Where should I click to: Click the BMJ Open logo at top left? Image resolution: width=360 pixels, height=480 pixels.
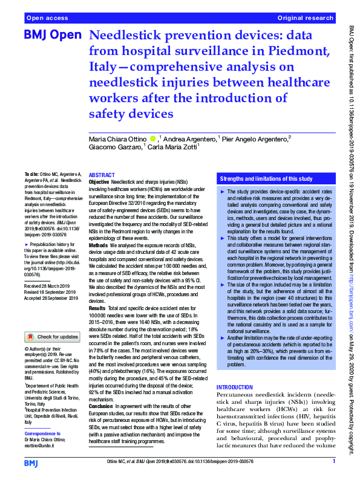(51, 35)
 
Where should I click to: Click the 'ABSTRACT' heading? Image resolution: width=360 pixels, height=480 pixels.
(102, 174)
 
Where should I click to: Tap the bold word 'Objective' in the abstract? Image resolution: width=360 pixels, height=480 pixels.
(99, 181)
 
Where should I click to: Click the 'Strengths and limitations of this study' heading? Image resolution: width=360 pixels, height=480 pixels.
(266, 180)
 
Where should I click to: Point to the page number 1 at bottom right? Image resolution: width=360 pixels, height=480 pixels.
(333, 462)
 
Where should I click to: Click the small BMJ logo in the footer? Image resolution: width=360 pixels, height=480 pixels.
(30, 462)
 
